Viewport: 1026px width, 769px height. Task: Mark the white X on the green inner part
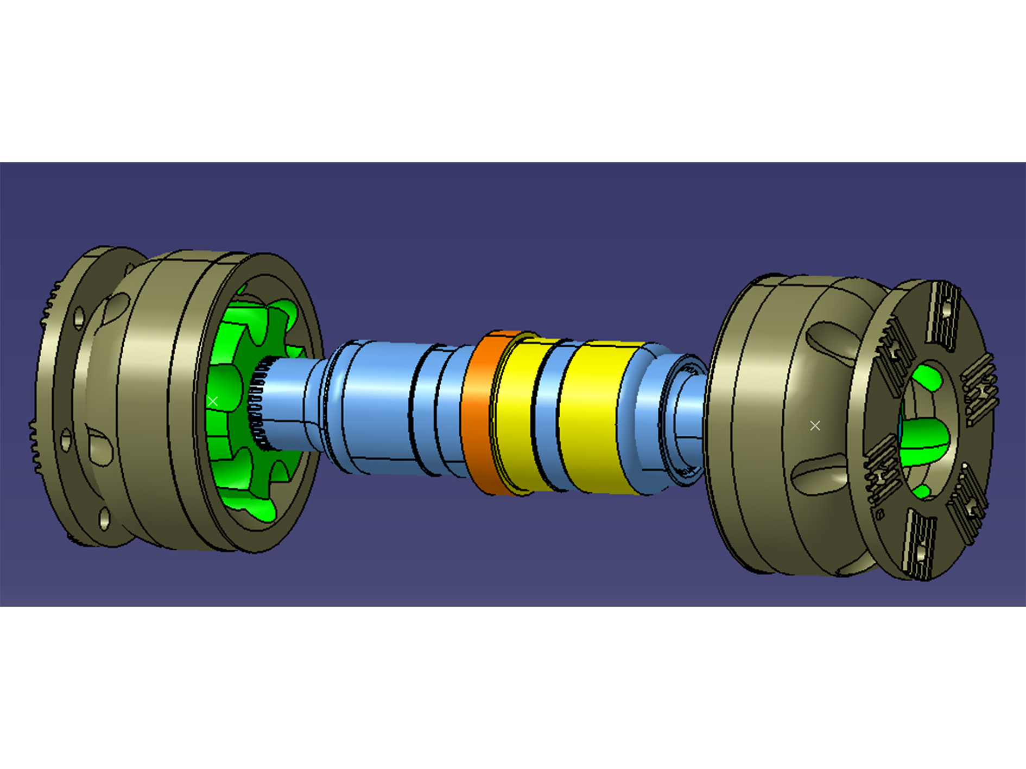coord(213,401)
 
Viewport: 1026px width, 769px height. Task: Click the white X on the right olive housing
coord(815,425)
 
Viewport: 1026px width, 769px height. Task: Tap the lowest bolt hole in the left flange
coord(104,518)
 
